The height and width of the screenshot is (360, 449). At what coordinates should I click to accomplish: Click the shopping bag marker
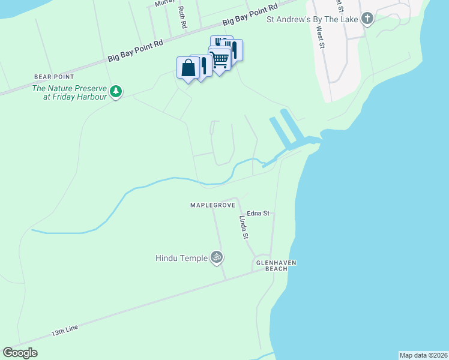click(188, 68)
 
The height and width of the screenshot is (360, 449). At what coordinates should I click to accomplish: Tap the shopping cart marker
click(220, 59)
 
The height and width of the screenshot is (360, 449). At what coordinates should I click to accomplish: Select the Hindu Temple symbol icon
click(217, 257)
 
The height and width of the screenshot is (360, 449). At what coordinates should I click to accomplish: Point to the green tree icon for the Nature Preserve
click(116, 92)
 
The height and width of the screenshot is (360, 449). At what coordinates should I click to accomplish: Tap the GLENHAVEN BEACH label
click(277, 266)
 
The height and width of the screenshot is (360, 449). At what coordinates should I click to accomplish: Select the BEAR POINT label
click(54, 77)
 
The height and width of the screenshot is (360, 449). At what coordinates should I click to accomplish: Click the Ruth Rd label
click(182, 18)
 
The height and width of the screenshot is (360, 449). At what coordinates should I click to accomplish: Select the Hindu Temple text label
click(181, 258)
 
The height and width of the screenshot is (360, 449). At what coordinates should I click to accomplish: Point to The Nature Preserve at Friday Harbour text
click(69, 92)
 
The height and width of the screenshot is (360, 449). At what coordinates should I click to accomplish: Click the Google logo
click(20, 353)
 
